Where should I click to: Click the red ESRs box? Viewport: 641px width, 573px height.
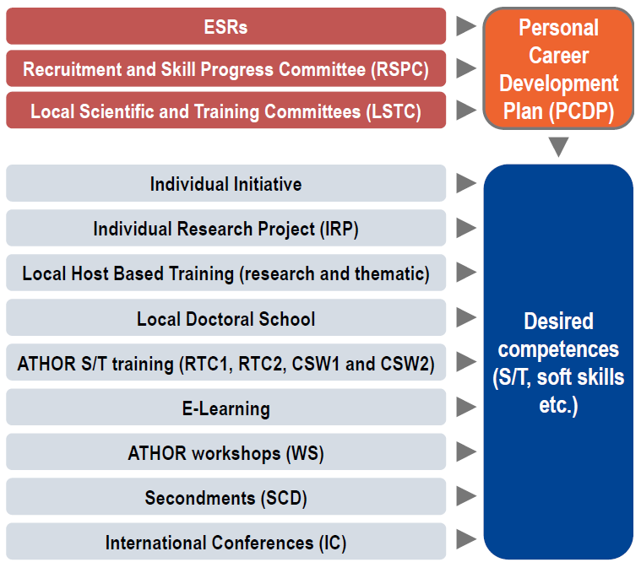coord(225,26)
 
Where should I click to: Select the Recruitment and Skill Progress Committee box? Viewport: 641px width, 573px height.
coord(225,68)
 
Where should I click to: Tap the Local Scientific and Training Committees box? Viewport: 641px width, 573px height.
coord(225,111)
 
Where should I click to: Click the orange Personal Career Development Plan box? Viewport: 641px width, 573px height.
coord(558,68)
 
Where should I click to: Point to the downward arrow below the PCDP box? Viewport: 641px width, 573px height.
coord(558,147)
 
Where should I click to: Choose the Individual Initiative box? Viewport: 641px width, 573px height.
coord(225,183)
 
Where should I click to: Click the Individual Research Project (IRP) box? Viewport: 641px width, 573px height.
coord(225,228)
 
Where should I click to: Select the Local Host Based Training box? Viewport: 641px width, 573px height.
coord(225,273)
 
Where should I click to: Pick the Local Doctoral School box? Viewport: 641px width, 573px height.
coord(225,317)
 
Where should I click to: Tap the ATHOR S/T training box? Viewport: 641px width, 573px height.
coord(225,362)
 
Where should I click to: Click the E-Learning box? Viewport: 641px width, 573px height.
coord(225,407)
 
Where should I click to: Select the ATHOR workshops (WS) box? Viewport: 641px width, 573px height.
coord(225,451)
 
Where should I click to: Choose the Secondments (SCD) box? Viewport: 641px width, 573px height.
coord(225,496)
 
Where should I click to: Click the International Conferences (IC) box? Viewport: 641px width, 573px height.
coord(225,541)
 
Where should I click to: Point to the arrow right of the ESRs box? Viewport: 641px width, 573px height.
coord(466,26)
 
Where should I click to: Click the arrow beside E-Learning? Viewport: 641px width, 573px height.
coord(466,407)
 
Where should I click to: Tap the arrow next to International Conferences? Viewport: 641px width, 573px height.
coord(466,539)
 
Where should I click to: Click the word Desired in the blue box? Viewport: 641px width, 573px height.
coord(558,321)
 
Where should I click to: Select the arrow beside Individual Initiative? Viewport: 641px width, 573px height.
coord(466,183)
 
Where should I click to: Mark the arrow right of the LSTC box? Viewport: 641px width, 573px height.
coord(466,111)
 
